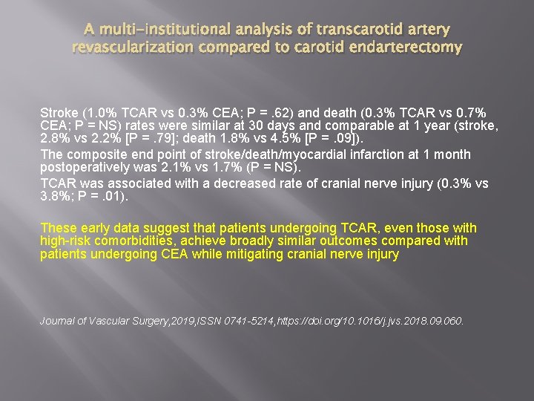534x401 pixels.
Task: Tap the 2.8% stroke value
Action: [53, 139]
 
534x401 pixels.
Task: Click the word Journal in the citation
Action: [59, 322]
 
